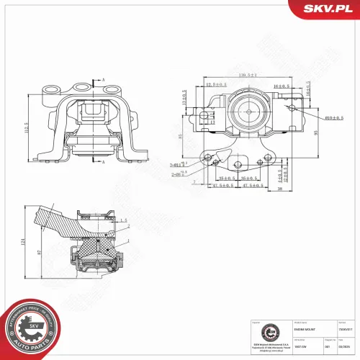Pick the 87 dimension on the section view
(40, 252)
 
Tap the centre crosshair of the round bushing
(250, 114)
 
